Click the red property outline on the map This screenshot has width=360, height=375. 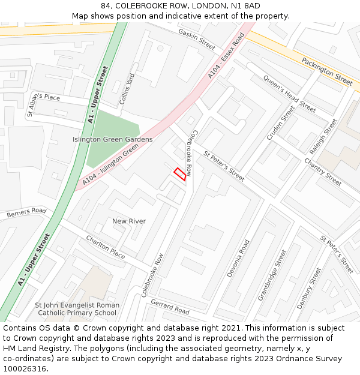coord(180,173)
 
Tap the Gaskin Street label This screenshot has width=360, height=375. coord(196,39)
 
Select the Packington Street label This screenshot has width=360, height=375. coord(326,71)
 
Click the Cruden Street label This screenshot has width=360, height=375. coord(281,123)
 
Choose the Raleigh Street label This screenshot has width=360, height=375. coord(323,137)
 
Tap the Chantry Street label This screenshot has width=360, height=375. coord(323,171)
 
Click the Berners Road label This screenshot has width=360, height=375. coord(26,212)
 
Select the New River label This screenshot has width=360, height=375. coord(129,221)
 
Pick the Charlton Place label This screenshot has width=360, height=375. coord(106,247)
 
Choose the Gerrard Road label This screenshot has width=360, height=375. coord(170,307)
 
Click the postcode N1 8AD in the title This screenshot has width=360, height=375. coord(247,6)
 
